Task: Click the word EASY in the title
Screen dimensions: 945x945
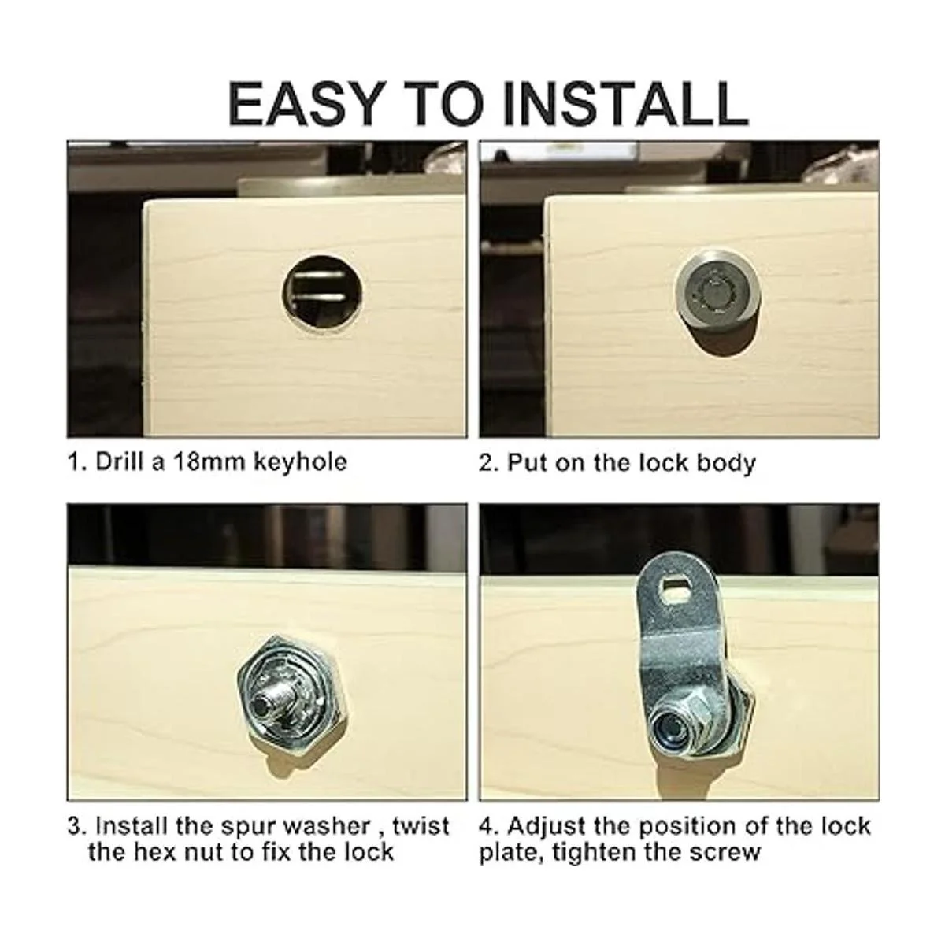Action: click(304, 104)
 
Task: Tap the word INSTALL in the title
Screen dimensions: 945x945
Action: click(626, 104)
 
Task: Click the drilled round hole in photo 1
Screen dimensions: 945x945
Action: click(323, 295)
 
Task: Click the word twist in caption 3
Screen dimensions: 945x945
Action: click(421, 826)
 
